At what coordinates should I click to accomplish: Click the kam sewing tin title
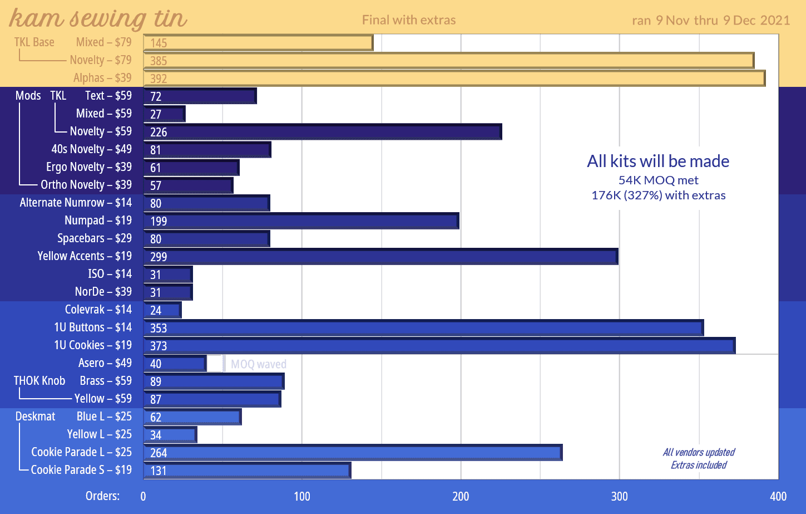pyautogui.click(x=98, y=18)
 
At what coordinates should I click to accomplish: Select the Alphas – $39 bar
pyautogui.click(x=454, y=79)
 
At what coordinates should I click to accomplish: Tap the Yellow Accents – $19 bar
pyautogui.click(x=380, y=257)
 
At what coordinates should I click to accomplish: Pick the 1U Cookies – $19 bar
pyautogui.click(x=439, y=346)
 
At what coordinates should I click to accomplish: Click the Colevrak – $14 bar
pyautogui.click(x=162, y=310)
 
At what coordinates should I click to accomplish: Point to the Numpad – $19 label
pyautogui.click(x=98, y=221)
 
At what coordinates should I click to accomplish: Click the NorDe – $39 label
pyautogui.click(x=103, y=292)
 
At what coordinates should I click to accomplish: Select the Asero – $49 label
pyautogui.click(x=105, y=363)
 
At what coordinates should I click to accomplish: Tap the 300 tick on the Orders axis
pyautogui.click(x=619, y=496)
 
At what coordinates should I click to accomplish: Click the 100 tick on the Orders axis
pyautogui.click(x=302, y=496)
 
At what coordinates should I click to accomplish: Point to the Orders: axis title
pyautogui.click(x=102, y=496)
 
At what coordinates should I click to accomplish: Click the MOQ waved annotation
pyautogui.click(x=259, y=364)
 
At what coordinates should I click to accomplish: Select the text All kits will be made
pyautogui.click(x=658, y=161)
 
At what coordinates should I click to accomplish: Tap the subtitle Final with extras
pyautogui.click(x=409, y=20)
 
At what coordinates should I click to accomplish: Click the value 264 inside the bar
pyautogui.click(x=159, y=453)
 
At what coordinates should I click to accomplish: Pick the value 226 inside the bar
pyautogui.click(x=159, y=133)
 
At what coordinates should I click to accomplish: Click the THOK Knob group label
pyautogui.click(x=39, y=381)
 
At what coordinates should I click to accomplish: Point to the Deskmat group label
pyautogui.click(x=35, y=417)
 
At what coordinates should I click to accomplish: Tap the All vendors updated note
pyautogui.click(x=699, y=452)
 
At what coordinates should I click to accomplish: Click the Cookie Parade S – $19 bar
pyautogui.click(x=247, y=471)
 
